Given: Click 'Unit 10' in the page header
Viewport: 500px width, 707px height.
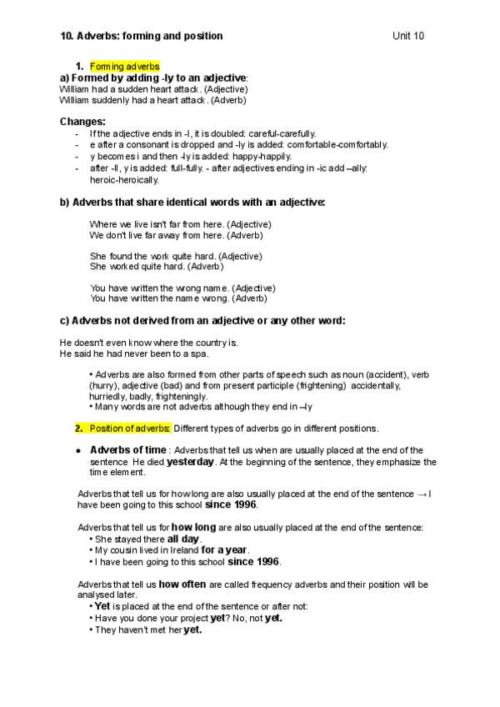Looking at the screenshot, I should click(408, 36).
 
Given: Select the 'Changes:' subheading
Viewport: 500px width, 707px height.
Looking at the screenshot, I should click(82, 122).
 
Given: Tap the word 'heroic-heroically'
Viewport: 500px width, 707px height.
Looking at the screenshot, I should click(124, 179).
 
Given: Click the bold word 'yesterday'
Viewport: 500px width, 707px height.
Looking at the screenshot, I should click(190, 461).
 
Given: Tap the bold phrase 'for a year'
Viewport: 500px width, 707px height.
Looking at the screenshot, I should click(224, 549).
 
